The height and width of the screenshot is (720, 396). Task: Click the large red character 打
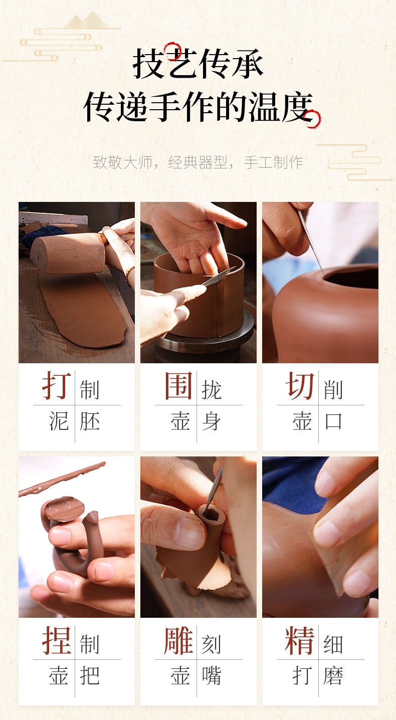pos(57,385)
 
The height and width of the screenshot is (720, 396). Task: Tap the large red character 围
pos(178,385)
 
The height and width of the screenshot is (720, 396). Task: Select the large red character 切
pos(300,385)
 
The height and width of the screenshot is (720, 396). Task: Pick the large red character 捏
pos(57,640)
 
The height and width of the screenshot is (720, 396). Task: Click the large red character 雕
pos(178,640)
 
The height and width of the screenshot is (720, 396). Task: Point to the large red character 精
pos(300,640)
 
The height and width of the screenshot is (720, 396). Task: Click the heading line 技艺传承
pos(198,63)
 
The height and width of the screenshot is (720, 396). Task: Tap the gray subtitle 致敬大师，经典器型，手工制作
pos(198,162)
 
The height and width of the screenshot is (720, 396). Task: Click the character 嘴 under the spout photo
pos(212,675)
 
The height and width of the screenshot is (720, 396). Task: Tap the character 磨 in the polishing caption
pos(333,675)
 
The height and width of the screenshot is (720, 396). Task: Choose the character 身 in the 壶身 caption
pos(212,421)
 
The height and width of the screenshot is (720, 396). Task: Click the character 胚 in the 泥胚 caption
pos(89,421)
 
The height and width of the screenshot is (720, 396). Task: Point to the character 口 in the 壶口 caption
pos(333,421)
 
